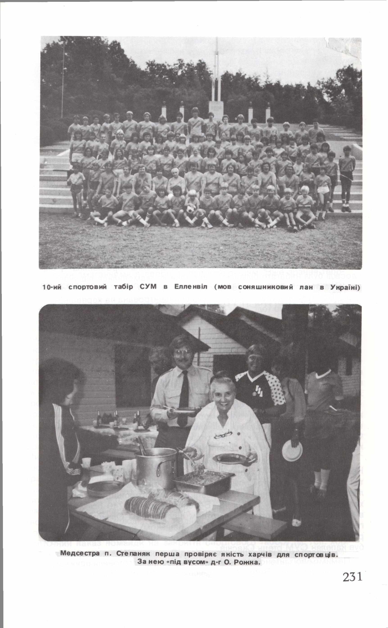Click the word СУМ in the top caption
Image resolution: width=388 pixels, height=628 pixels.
pyautogui.click(x=148, y=287)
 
